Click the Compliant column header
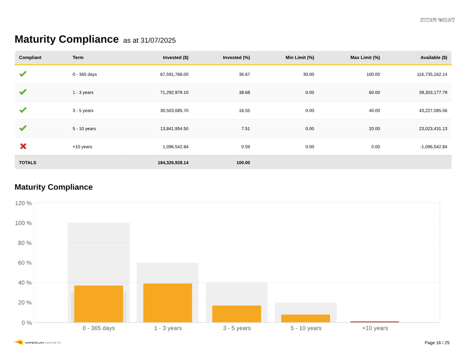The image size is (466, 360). pyautogui.click(x=30, y=58)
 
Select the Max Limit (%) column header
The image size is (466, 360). pyautogui.click(x=365, y=58)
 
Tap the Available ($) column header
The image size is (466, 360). pyautogui.click(x=434, y=58)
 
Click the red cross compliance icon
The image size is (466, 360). pyautogui.click(x=23, y=146)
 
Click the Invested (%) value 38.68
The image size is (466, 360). pyautogui.click(x=244, y=93)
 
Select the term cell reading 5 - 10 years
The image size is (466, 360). pyautogui.click(x=84, y=129)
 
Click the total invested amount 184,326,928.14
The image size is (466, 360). pyautogui.click(x=173, y=163)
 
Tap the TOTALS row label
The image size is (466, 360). pyautogui.click(x=28, y=163)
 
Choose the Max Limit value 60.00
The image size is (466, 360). pyautogui.click(x=374, y=93)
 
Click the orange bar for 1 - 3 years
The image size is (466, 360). pyautogui.click(x=167, y=303)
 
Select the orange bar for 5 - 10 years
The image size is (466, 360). pyautogui.click(x=306, y=318)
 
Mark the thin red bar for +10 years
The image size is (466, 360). pyautogui.click(x=375, y=322)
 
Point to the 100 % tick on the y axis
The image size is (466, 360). pyautogui.click(x=23, y=223)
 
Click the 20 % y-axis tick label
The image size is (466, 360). pyautogui.click(x=24, y=302)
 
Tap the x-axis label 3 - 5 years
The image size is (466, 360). pyautogui.click(x=236, y=328)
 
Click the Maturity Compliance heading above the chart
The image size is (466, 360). pyautogui.click(x=53, y=187)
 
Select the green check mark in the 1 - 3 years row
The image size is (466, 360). pyautogui.click(x=23, y=92)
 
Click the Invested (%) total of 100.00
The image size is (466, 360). pyautogui.click(x=243, y=163)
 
